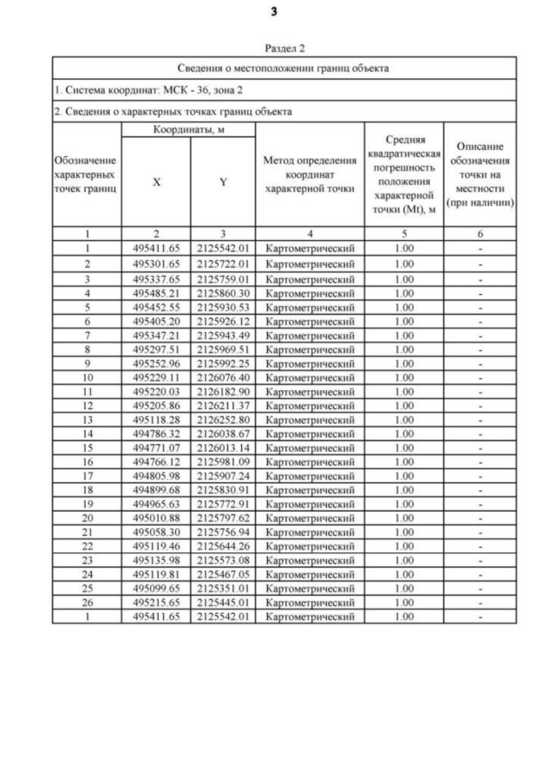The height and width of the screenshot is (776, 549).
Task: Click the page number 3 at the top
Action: [274, 12]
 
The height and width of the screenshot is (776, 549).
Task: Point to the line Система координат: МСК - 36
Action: [126, 89]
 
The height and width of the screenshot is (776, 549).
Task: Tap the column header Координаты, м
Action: [189, 129]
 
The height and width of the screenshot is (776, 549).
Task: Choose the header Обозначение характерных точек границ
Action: [87, 174]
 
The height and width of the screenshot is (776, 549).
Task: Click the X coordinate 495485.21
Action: [156, 293]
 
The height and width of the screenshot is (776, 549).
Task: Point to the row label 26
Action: [87, 603]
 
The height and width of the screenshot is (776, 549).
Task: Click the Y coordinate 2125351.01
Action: [223, 589]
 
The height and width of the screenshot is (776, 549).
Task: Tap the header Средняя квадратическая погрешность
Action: [403, 174]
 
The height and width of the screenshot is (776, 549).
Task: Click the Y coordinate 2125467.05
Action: [223, 575]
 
